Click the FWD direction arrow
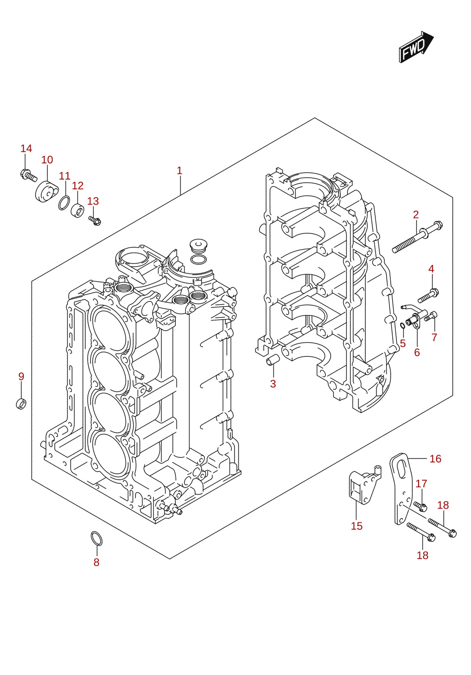416,47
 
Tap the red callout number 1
179,171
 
